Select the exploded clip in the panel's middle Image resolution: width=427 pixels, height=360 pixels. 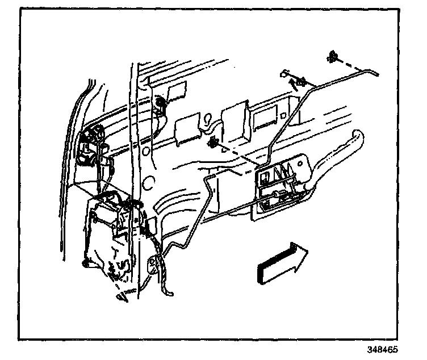214,144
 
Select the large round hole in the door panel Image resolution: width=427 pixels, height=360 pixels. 149,182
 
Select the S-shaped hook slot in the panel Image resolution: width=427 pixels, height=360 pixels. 210,121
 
